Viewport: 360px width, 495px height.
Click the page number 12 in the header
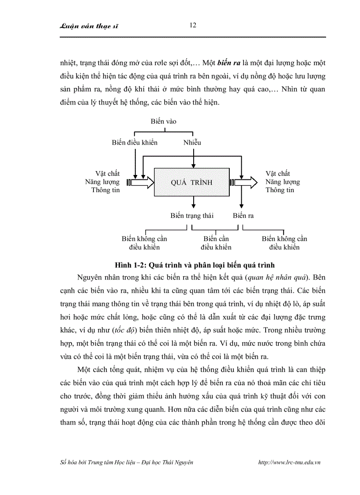[x=192, y=25]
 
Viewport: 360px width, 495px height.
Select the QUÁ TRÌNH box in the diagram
[x=191, y=182]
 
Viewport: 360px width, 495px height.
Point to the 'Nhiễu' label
[x=192, y=142]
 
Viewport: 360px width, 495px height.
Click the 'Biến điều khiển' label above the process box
[x=135, y=142]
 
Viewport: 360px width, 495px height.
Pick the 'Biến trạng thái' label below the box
[x=192, y=216]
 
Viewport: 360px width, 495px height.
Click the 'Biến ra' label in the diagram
[x=244, y=216]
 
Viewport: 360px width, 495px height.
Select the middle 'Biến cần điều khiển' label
[x=216, y=243]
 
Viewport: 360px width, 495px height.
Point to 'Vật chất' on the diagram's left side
[x=108, y=174]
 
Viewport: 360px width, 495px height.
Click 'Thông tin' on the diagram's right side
[x=280, y=190]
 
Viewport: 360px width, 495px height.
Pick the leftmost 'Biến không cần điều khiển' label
[x=144, y=243]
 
